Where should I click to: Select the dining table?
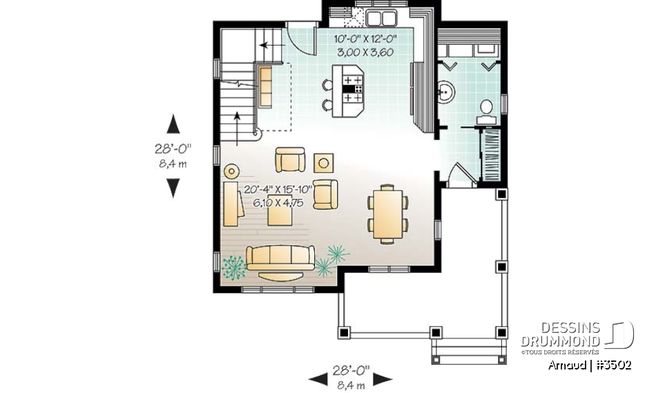coord(387,213)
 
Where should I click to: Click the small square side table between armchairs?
coord(323,162)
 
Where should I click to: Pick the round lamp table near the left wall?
coord(231,170)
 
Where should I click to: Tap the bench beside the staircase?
coord(266,87)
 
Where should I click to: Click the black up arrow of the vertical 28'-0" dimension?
coord(173,124)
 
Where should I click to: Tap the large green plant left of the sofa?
coord(234,266)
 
